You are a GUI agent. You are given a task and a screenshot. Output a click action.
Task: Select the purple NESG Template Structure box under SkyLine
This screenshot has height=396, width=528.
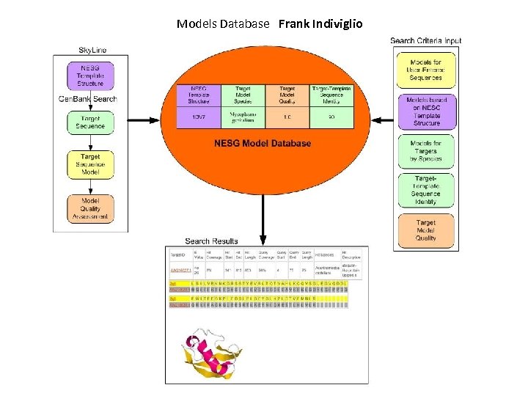pos(90,76)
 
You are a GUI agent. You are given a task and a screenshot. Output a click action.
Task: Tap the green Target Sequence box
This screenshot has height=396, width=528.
pos(90,122)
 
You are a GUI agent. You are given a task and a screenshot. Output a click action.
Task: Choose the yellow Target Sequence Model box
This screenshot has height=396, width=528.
pos(90,164)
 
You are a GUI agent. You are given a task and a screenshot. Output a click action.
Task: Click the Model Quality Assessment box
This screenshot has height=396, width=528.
pos(90,208)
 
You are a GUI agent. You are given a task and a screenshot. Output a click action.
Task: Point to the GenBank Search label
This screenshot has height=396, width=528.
pos(88,99)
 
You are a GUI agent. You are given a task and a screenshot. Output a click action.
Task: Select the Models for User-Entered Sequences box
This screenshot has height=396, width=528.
pos(425,70)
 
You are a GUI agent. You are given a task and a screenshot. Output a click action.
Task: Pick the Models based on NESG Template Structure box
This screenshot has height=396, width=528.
pos(425,111)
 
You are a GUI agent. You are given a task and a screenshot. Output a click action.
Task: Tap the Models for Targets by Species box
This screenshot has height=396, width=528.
pos(425,151)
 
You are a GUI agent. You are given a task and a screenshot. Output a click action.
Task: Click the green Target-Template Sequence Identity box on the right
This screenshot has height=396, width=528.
pos(425,190)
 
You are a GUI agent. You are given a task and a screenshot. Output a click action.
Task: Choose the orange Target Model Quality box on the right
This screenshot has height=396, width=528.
pos(425,230)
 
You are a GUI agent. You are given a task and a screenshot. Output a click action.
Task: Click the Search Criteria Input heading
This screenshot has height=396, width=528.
pos(426,41)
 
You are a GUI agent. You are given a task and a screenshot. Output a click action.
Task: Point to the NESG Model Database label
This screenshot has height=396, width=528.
pos(263,143)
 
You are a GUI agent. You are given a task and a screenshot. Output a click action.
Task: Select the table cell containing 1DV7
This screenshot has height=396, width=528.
pos(198,117)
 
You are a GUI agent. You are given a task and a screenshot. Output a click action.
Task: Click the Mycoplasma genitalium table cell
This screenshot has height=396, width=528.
pos(243,117)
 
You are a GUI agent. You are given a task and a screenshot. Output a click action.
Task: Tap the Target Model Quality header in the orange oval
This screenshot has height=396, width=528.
pos(287,96)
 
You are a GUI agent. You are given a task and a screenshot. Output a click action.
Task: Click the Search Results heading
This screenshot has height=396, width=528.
pos(211,241)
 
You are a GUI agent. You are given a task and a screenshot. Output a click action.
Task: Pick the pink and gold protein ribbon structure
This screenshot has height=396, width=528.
pos(213,353)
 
